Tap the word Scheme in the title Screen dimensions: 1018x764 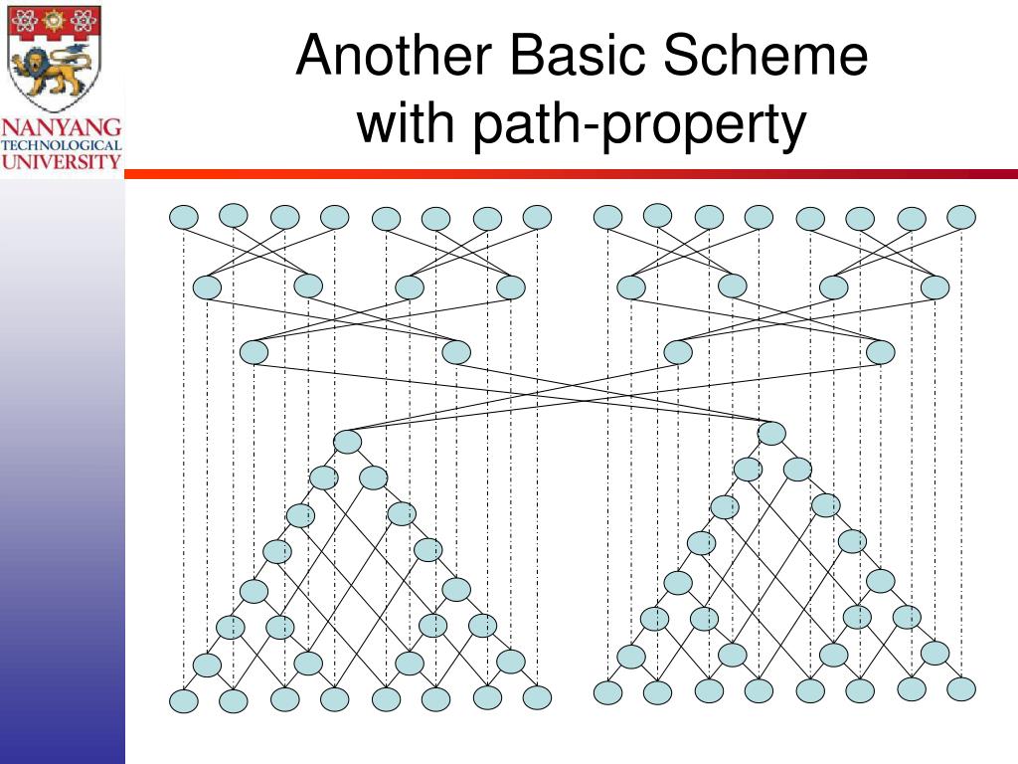765,56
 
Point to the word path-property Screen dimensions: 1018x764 636,126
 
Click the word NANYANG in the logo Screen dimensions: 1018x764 62,127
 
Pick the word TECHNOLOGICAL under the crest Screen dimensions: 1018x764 62,145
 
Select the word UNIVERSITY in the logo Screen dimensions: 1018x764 62,160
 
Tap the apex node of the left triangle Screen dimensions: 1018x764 348,442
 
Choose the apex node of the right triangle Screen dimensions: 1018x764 771,433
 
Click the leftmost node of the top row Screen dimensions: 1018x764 184,217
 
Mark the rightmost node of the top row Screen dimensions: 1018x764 961,216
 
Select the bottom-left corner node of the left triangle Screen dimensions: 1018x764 184,701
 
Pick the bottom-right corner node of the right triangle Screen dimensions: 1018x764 961,688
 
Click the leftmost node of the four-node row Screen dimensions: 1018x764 254,352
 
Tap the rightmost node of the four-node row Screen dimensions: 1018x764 880,352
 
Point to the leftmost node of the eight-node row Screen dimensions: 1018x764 207,287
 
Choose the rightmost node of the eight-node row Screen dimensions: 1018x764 935,287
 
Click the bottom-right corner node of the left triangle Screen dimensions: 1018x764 537,698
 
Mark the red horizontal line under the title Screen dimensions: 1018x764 571,174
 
